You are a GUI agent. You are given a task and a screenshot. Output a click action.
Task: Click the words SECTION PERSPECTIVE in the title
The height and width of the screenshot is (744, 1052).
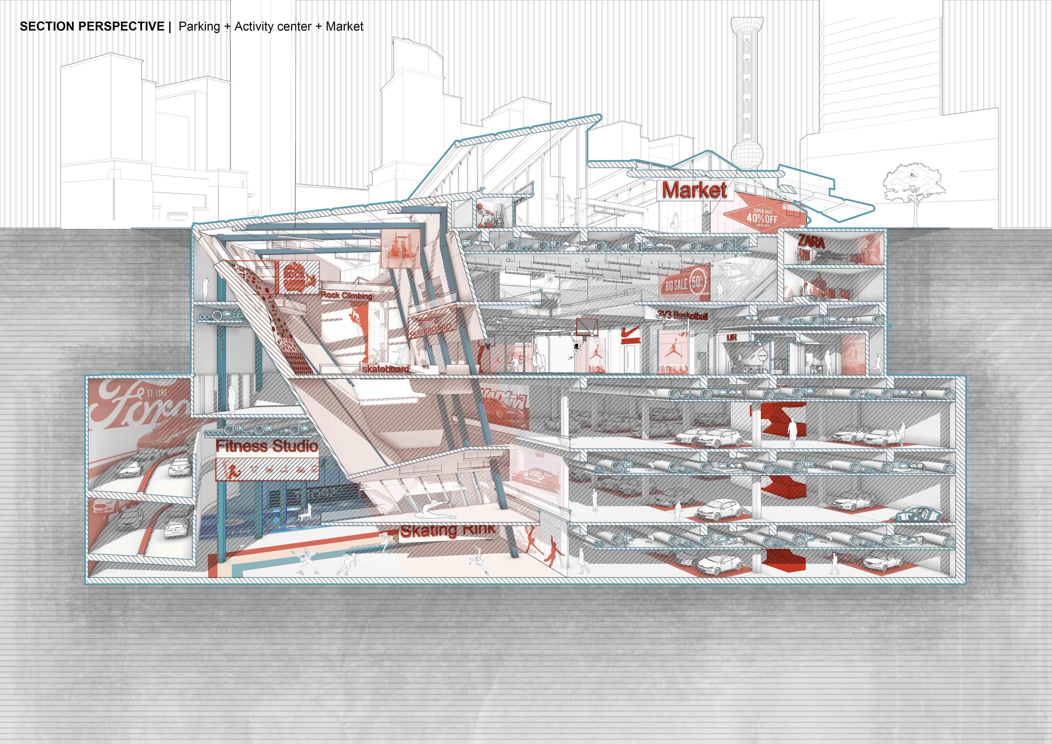92,27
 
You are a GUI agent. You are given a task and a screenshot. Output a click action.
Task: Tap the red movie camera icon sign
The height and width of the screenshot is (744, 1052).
297,278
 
